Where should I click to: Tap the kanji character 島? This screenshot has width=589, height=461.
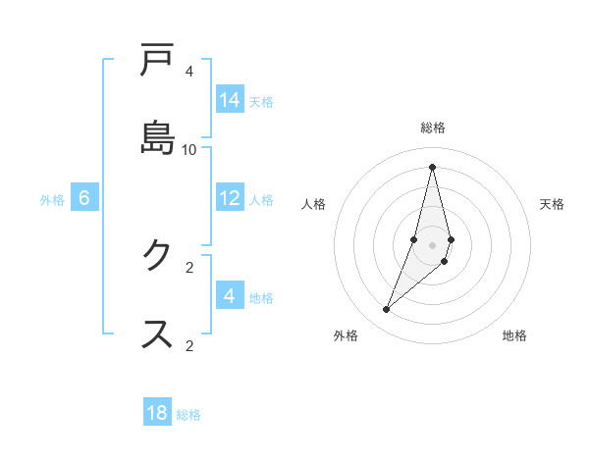[157, 135]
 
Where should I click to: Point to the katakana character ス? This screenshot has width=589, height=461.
[157, 333]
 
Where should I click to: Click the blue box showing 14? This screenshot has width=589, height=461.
[230, 100]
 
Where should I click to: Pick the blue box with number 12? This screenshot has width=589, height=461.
[230, 198]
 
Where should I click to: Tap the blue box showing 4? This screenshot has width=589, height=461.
[230, 296]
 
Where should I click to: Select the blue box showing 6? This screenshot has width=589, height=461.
[84, 198]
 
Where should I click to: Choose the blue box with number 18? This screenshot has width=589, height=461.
[157, 413]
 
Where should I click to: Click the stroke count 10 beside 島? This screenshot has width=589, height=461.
[189, 149]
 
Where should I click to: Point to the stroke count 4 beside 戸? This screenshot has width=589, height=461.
[189, 72]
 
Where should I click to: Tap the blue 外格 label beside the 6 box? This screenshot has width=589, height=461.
[52, 199]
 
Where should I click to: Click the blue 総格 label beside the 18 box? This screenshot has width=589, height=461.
[188, 414]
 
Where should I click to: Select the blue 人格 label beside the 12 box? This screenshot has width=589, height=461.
[261, 199]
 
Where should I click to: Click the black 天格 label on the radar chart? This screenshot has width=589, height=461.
[552, 204]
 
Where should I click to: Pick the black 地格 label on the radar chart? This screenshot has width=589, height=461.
[514, 335]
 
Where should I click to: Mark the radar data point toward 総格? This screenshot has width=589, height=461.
[432, 166]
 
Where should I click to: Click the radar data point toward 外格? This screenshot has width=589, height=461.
[387, 310]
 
